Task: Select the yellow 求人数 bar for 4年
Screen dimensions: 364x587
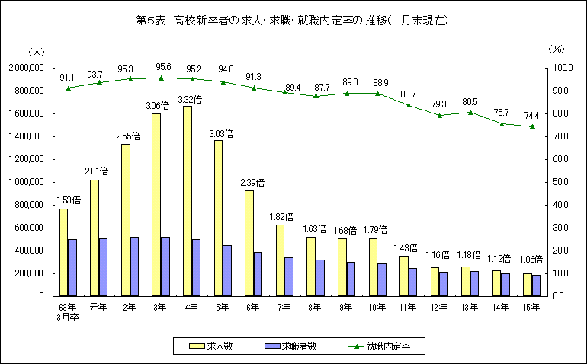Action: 188,201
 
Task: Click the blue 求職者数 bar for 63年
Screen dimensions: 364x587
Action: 72,267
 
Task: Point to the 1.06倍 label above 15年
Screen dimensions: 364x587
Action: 533,259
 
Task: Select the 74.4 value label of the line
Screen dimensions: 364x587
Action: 532,115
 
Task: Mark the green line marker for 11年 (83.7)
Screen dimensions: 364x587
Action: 409,105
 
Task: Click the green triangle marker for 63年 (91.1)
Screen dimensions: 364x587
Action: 69,88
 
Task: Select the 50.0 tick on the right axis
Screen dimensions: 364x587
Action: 563,182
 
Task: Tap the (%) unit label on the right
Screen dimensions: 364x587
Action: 556,49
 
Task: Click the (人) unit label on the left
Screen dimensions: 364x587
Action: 36,51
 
